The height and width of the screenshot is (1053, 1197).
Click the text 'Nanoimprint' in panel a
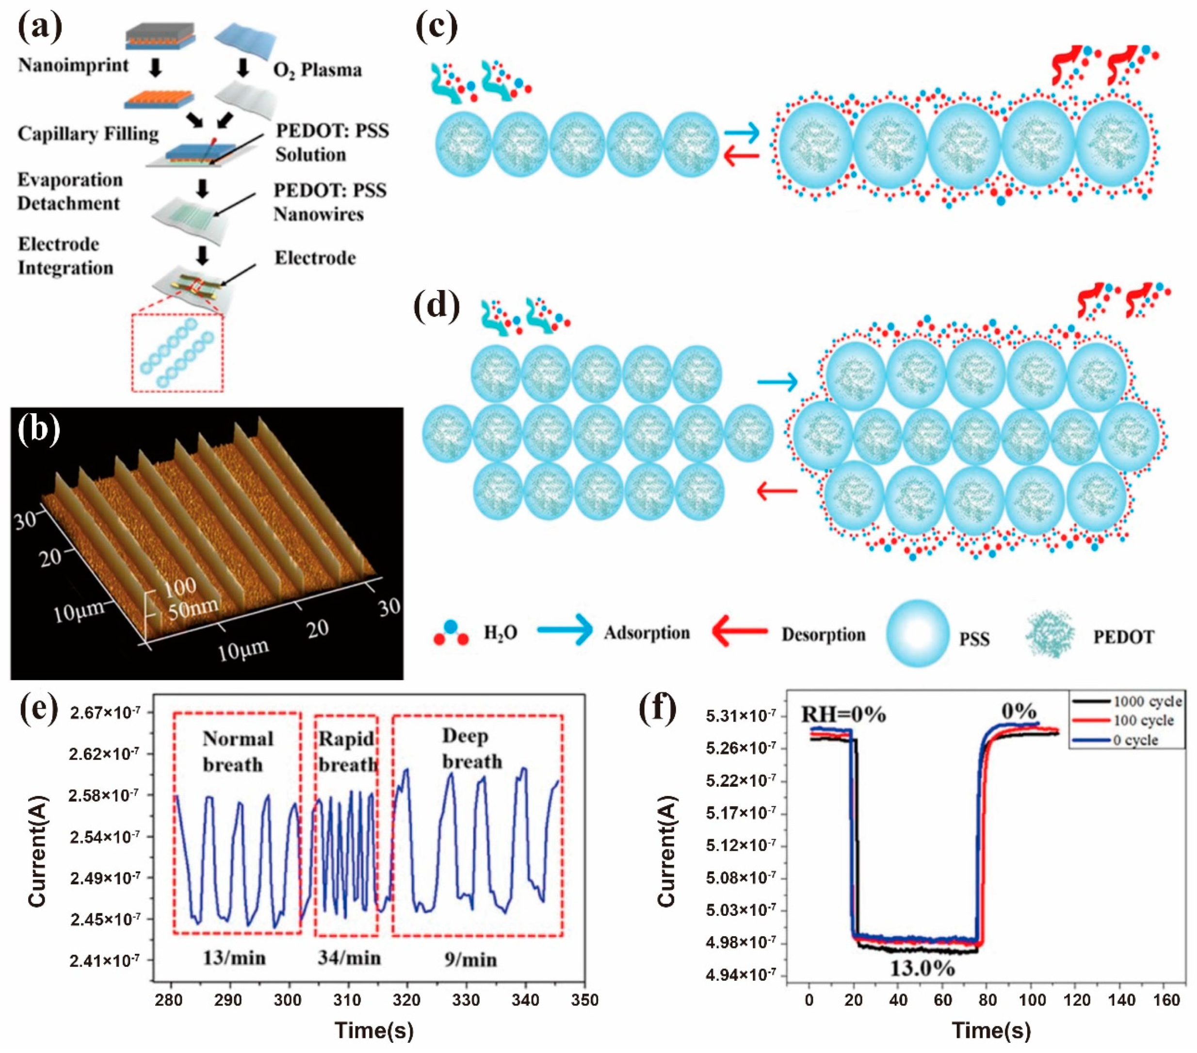(73, 65)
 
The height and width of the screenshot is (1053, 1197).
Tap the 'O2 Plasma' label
(317, 70)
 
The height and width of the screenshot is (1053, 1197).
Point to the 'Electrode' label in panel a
(315, 258)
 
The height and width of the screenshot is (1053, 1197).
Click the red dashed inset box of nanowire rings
(178, 353)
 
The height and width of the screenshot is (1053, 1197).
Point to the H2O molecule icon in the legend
(451, 632)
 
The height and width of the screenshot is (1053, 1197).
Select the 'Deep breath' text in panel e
(471, 749)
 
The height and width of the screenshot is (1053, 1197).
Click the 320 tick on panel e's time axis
(406, 1000)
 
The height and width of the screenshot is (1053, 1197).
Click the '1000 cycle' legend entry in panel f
(1147, 701)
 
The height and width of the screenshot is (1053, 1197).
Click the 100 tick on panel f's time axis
(1032, 1000)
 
